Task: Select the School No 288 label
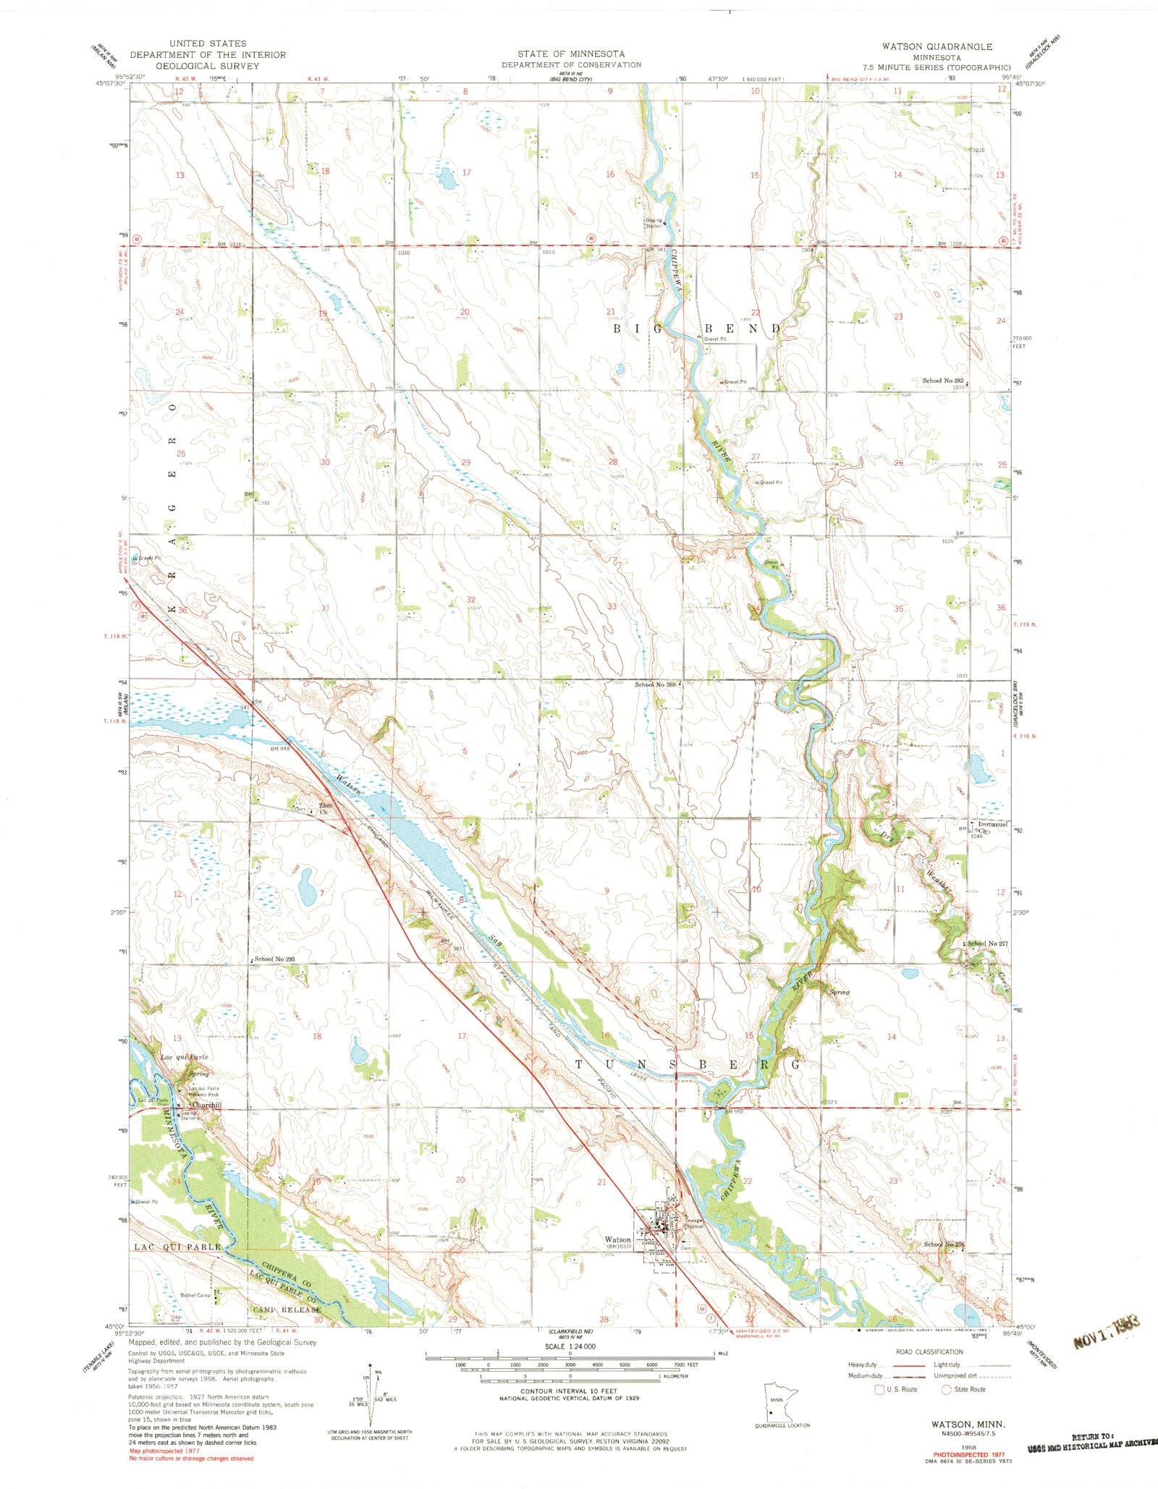coord(654,684)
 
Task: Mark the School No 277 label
coord(987,943)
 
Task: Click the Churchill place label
coord(206,1105)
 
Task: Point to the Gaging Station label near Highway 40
coord(654,224)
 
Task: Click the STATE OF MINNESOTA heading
coord(571,54)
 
